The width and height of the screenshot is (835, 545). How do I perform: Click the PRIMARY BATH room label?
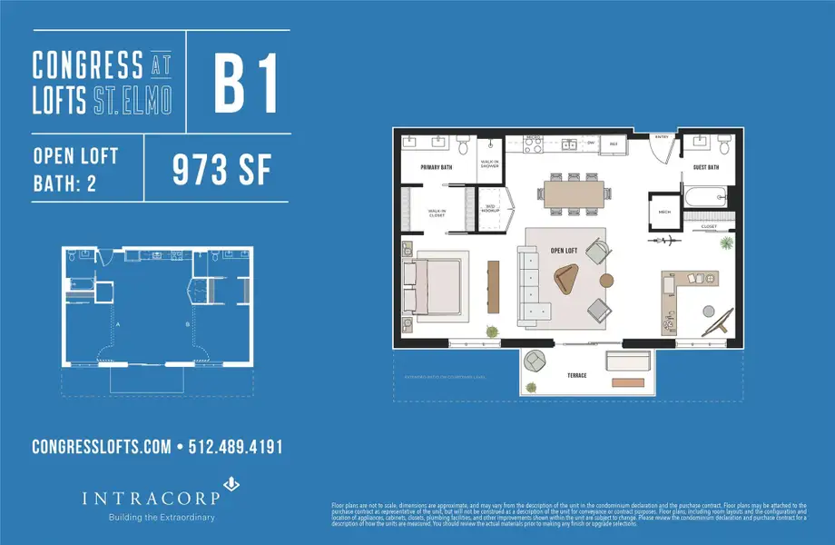(437, 168)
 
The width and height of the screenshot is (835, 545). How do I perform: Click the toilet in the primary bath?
(463, 147)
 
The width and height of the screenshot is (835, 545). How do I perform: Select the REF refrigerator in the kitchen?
(614, 144)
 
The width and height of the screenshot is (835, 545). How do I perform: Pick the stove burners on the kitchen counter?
(533, 143)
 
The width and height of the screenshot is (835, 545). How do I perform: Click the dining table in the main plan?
(575, 193)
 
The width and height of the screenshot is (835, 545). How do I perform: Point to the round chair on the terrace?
(536, 362)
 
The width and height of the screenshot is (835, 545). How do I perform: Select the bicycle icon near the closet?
(668, 242)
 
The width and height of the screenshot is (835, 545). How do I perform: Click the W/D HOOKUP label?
(490, 207)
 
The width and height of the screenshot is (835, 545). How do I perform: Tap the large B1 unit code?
(245, 84)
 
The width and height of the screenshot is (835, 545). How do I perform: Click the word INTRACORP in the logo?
(126, 499)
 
